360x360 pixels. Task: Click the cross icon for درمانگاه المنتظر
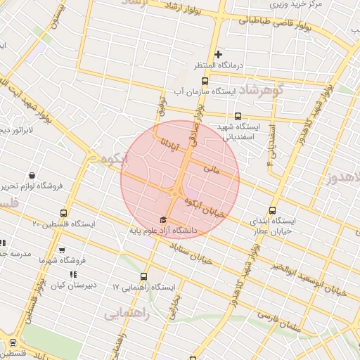click(219, 54)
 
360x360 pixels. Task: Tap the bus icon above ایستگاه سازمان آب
click(238, 117)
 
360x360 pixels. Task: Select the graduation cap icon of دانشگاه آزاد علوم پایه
click(164, 219)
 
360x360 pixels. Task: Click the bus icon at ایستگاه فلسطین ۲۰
click(65, 213)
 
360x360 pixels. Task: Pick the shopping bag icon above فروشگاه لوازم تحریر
click(32, 175)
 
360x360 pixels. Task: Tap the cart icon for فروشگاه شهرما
click(62, 250)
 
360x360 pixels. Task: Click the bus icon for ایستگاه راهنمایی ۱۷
click(145, 276)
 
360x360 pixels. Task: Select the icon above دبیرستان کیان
click(73, 275)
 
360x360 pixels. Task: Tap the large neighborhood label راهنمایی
click(127, 314)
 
